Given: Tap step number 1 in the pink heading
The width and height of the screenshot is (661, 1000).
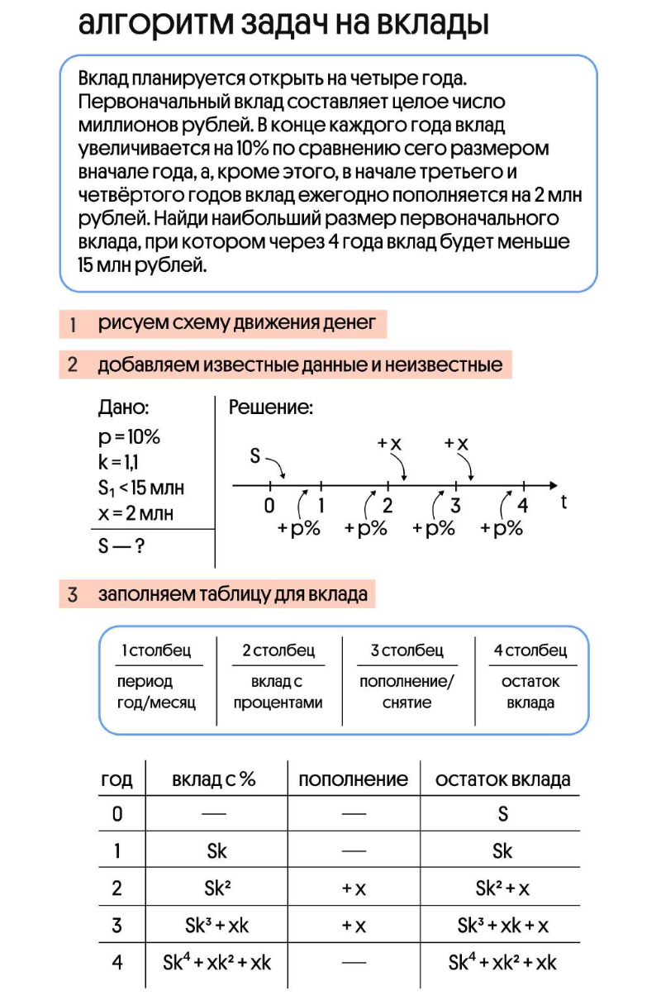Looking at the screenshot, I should tap(73, 325).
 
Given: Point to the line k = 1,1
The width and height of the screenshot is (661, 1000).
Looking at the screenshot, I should tap(118, 463).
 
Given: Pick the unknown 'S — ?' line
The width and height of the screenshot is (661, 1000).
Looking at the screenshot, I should tap(121, 546).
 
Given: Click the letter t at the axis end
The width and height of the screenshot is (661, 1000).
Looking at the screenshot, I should tap(564, 502).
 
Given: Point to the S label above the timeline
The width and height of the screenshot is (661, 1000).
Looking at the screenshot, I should tap(255, 456).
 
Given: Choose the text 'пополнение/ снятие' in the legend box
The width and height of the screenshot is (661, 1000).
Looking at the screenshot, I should tap(407, 693).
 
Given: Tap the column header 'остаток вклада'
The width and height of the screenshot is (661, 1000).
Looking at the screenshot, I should tap(502, 779).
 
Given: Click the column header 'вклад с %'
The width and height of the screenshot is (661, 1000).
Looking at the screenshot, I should tap(214, 779).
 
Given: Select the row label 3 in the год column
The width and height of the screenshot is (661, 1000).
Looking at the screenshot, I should tap(117, 926).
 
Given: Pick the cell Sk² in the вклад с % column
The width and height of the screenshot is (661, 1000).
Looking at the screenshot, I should tap(217, 888).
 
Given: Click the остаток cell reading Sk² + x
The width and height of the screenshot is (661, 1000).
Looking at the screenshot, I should tap(502, 888).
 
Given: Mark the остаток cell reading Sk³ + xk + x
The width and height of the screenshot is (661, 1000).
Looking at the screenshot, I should tap(502, 926).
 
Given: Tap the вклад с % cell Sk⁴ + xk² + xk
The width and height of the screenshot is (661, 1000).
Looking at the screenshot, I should tap(217, 963).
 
